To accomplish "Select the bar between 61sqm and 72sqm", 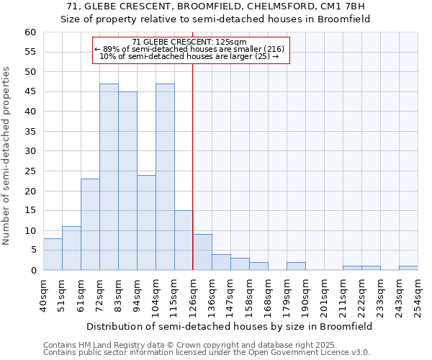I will coord(90,224).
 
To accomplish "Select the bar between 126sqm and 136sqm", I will coord(202,252).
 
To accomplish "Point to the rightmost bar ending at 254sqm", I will coord(408,268).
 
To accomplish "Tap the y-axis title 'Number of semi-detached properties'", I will coord(7,156).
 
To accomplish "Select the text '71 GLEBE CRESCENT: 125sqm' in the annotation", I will coord(190,42).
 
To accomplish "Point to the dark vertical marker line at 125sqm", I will coord(193,166).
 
